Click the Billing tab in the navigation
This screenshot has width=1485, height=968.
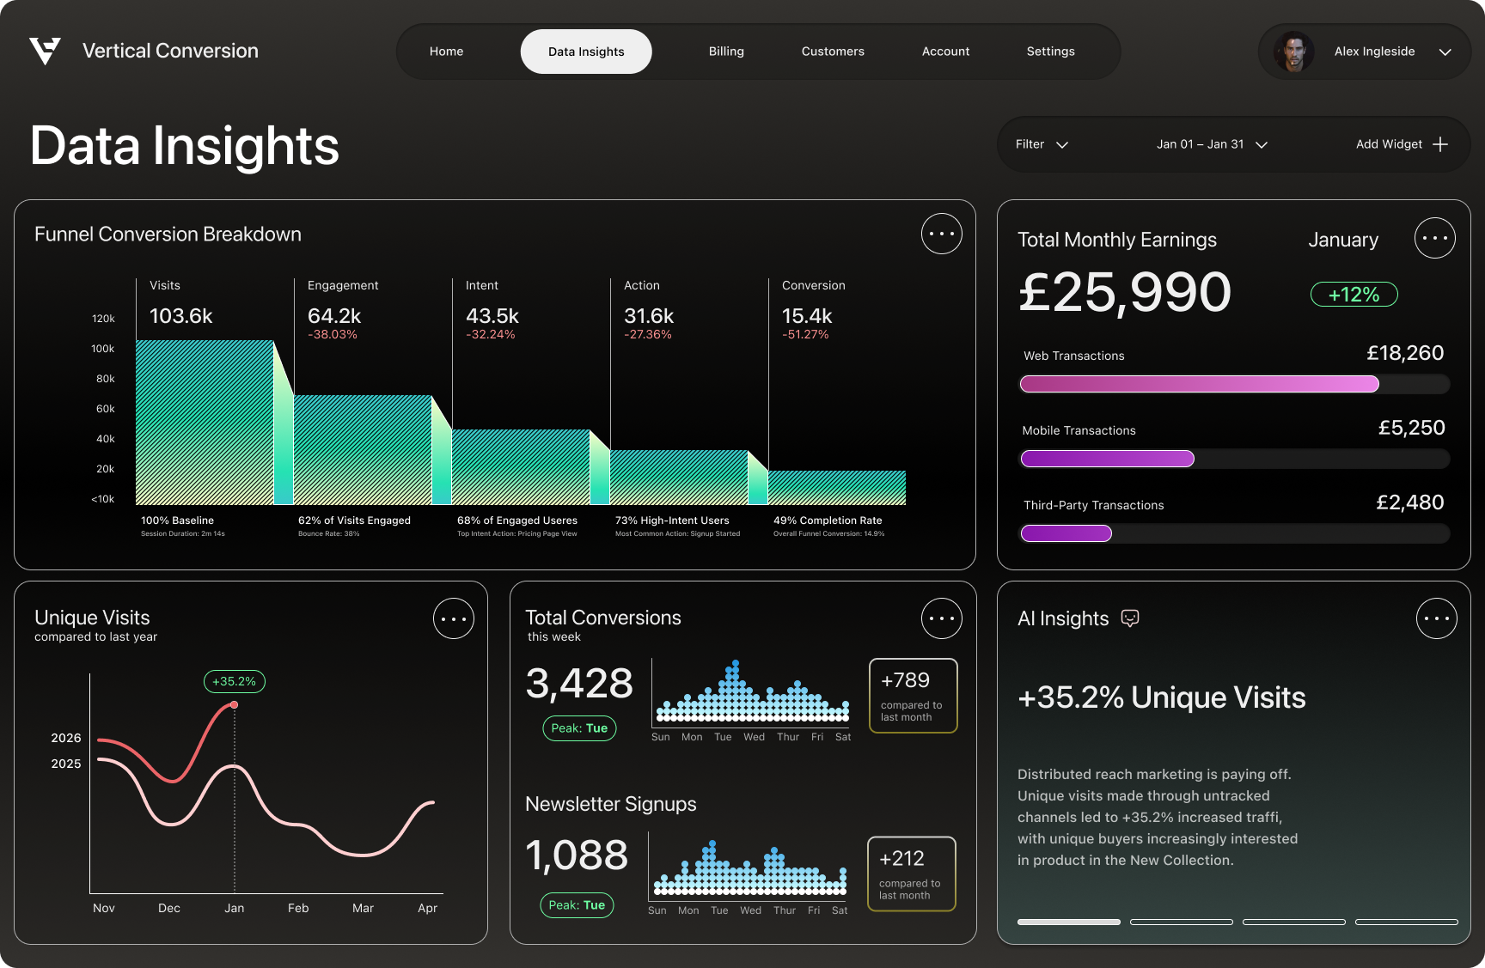point(726,52)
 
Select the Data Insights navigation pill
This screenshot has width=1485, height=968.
point(586,52)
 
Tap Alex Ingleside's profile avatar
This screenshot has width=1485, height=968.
point(1293,52)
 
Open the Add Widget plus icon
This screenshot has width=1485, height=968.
point(1440,144)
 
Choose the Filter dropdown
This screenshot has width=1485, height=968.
point(1041,144)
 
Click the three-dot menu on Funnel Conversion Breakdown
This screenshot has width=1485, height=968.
point(941,234)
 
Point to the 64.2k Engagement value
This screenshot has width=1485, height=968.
point(334,316)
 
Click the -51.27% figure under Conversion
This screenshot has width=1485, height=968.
point(805,335)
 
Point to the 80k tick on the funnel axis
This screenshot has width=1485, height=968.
point(105,379)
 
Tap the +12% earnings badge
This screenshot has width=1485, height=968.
point(1354,295)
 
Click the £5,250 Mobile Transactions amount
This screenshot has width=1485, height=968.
point(1411,428)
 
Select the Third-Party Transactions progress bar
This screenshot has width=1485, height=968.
point(1234,533)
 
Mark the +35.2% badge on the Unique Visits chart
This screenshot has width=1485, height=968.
point(235,681)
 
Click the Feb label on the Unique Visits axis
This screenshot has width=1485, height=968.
point(298,908)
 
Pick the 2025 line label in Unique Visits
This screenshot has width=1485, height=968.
point(66,764)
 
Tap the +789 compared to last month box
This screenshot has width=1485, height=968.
point(913,696)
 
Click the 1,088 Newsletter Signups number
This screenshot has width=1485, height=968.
point(577,855)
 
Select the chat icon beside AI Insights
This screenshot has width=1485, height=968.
point(1130,618)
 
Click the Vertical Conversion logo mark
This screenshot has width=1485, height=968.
point(45,51)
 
